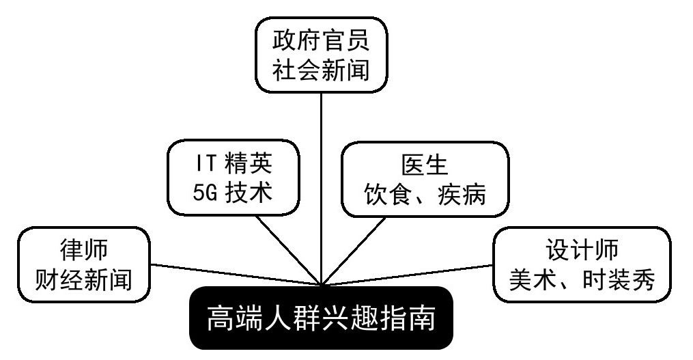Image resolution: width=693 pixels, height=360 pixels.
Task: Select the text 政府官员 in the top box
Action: [321, 40]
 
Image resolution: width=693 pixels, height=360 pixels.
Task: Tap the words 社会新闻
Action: [321, 70]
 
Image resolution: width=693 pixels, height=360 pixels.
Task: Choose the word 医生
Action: [424, 164]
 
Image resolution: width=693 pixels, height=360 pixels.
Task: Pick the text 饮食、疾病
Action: [424, 193]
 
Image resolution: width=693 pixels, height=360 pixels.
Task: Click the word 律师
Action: [83, 249]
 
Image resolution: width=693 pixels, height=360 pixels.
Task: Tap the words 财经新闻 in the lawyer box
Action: [83, 279]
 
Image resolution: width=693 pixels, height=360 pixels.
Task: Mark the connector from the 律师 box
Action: [232, 274]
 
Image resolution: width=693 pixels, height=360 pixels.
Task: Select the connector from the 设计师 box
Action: [410, 273]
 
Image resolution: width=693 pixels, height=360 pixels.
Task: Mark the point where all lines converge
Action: [322, 283]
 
